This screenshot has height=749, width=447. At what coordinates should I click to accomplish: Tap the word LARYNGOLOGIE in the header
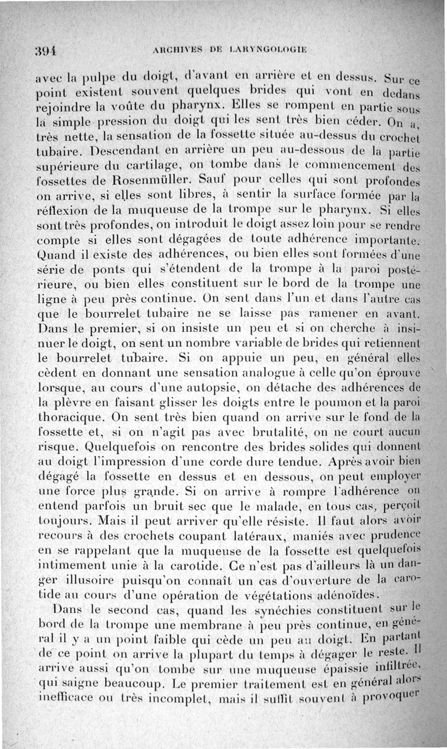266,49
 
